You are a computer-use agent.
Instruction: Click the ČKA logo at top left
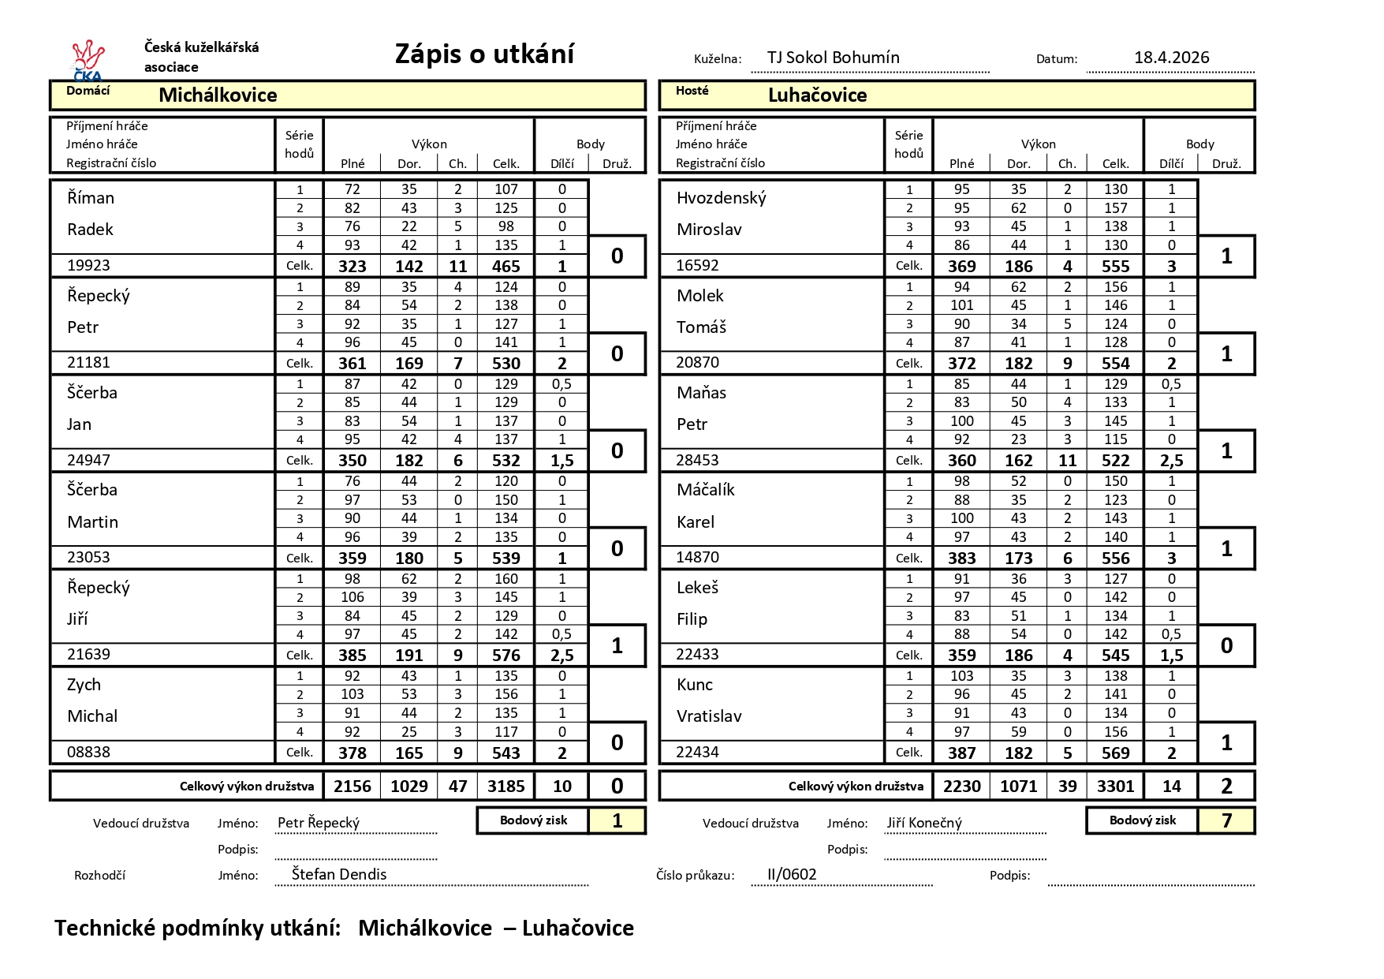pyautogui.click(x=88, y=60)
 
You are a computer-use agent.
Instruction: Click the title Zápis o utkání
pyautogui.click(x=484, y=54)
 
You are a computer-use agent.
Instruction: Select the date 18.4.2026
pyautogui.click(x=1171, y=58)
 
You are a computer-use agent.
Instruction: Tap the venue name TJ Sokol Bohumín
pyautogui.click(x=833, y=58)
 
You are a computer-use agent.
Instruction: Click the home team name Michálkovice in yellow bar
pyautogui.click(x=218, y=95)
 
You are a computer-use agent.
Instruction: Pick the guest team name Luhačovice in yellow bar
pyautogui.click(x=817, y=95)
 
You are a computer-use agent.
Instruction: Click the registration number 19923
pyautogui.click(x=88, y=266)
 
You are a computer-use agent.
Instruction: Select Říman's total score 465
pyautogui.click(x=505, y=267)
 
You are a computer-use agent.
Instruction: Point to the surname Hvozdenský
pyautogui.click(x=721, y=198)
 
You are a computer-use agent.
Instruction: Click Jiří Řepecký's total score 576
pyautogui.click(x=505, y=656)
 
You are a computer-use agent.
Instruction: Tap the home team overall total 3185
pyautogui.click(x=505, y=787)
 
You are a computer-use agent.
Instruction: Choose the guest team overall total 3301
pyautogui.click(x=1115, y=787)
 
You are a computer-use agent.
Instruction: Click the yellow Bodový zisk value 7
pyautogui.click(x=1226, y=821)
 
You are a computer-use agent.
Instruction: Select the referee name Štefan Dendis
pyautogui.click(x=339, y=874)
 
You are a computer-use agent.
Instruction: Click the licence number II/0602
pyautogui.click(x=792, y=874)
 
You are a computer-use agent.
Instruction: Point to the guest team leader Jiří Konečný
pyautogui.click(x=924, y=823)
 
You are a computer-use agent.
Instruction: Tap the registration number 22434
pyautogui.click(x=697, y=753)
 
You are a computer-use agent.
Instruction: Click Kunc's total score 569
pyautogui.click(x=1115, y=753)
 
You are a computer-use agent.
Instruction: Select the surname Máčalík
pyautogui.click(x=705, y=490)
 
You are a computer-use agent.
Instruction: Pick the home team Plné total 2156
pyautogui.click(x=353, y=787)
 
